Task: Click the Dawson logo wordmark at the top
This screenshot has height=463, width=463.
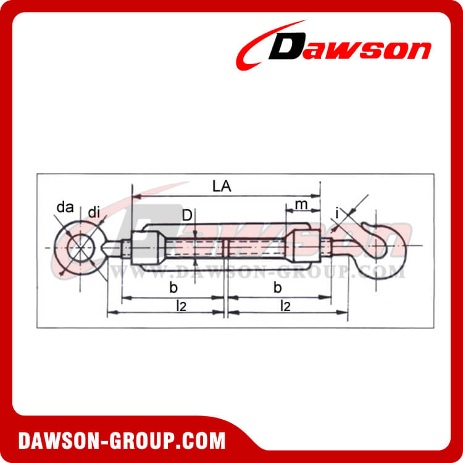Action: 349,48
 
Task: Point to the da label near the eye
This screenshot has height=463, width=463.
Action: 64,207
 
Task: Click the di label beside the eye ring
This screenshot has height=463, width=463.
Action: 94,213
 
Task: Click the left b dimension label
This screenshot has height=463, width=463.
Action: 173,287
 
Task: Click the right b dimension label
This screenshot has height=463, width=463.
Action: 277,287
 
